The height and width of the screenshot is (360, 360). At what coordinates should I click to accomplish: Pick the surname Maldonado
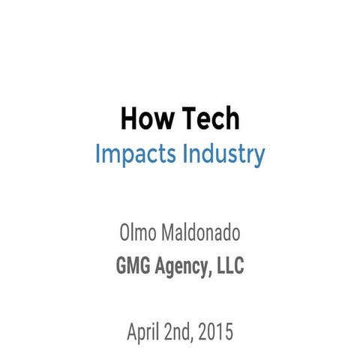(x=200, y=233)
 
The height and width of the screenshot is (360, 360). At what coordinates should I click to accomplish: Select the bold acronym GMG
(x=133, y=266)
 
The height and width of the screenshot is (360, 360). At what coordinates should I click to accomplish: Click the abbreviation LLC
(x=229, y=266)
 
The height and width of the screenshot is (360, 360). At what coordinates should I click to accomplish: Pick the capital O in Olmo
(x=124, y=233)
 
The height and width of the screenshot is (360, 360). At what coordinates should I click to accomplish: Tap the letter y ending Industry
(x=259, y=157)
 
